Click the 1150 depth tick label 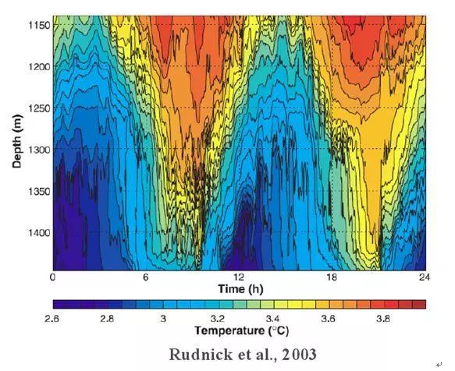tap(39, 25)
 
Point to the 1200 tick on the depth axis tap(39, 67)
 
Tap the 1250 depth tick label tap(39, 108)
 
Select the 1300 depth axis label tap(39, 150)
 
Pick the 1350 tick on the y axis tap(39, 191)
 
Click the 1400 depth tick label tap(39, 233)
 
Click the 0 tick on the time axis tap(52, 277)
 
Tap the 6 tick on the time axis tap(146, 277)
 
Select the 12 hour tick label tap(239, 277)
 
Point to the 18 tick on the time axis tap(332, 277)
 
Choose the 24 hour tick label tap(425, 277)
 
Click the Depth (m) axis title tap(17, 141)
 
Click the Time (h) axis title tap(240, 289)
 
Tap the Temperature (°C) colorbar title tap(242, 330)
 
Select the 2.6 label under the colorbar tap(52, 319)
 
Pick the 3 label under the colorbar tap(163, 319)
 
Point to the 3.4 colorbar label tap(273, 319)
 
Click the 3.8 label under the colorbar tap(383, 319)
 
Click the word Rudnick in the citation tap(201, 355)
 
